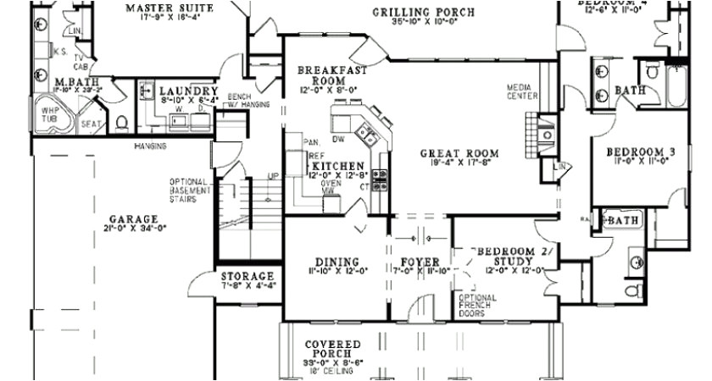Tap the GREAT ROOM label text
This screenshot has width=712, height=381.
459,154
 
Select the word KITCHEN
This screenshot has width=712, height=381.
337,166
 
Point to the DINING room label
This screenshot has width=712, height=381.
336,262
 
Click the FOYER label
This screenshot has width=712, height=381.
420,262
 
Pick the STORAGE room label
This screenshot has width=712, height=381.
248,277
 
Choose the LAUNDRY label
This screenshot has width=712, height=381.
188,91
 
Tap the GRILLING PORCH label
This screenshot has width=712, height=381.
423,12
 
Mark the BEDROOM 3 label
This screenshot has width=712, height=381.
640,152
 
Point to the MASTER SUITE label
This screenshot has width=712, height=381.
170,8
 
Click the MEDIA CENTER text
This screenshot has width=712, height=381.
523,92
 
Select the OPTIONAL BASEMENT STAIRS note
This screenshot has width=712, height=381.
189,191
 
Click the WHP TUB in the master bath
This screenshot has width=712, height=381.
48,113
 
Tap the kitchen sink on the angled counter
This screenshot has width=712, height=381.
367,132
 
